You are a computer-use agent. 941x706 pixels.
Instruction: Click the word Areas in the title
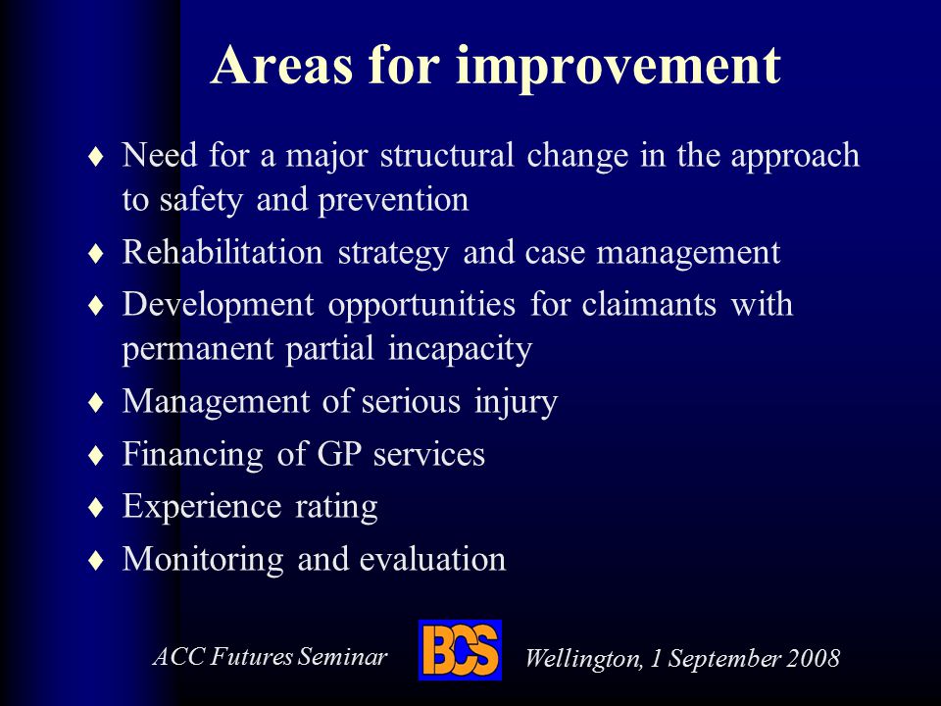[281, 65]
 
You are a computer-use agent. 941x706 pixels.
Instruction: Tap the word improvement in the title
[619, 68]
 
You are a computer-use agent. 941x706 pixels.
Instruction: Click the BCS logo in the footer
[461, 650]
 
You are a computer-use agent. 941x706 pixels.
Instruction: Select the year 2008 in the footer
[814, 658]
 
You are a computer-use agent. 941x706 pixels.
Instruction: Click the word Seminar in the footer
[343, 656]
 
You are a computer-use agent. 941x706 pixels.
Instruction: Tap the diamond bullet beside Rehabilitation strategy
[96, 253]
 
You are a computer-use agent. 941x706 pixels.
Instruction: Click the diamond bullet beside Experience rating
[96, 508]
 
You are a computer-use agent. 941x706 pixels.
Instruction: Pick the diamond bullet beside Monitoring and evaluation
[96, 560]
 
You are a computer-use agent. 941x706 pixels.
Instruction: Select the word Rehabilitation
[223, 252]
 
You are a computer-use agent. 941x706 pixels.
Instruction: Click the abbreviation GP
[339, 453]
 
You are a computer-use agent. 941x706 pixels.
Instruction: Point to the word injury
[517, 402]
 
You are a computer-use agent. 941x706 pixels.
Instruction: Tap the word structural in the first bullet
[447, 155]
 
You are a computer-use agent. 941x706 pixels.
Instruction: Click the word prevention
[394, 200]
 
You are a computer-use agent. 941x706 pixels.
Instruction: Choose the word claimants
[649, 304]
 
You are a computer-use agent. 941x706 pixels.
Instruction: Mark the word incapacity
[461, 350]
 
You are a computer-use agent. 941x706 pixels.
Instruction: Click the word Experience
[202, 507]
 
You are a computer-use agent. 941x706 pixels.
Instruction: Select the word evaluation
[432, 559]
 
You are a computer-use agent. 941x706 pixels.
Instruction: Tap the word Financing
[193, 455]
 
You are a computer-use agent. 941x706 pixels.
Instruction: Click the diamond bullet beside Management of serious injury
[96, 403]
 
